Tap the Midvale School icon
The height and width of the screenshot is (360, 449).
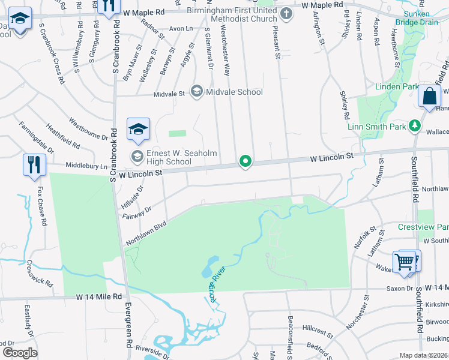196,92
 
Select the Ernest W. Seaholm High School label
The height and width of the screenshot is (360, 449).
169,157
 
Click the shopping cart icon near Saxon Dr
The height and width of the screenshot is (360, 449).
405,262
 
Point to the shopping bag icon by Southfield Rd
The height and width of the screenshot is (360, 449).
430,96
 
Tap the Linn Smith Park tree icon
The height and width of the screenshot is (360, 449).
414,125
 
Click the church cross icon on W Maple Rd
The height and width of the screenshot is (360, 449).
286,13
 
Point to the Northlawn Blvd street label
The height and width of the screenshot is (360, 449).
145,232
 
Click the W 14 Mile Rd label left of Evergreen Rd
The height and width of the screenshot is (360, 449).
98,297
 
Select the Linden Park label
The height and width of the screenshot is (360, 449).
396,86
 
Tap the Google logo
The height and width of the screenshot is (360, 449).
20,352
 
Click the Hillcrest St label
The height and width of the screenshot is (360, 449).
318,329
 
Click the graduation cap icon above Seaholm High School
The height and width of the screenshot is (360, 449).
137,128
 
